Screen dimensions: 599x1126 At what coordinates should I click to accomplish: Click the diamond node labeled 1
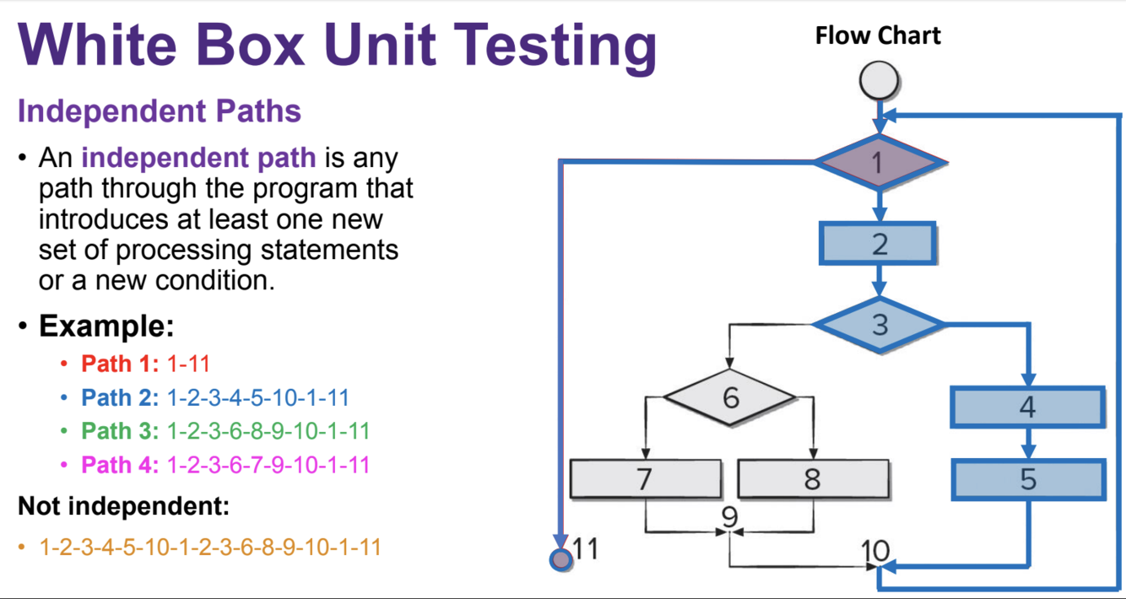(x=879, y=160)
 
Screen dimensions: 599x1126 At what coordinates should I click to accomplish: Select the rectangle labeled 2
(x=878, y=244)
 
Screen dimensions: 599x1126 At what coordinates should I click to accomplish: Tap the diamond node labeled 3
(x=879, y=324)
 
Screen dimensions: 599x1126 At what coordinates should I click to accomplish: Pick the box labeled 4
(x=1027, y=407)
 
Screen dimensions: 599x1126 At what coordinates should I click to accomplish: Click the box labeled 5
(x=1027, y=479)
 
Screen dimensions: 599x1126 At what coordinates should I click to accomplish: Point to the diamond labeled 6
(x=730, y=397)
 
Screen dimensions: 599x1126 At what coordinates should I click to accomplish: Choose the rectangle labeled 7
(x=645, y=479)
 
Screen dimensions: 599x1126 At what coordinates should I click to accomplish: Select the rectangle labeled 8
(x=812, y=479)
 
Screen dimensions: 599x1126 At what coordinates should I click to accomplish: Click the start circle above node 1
(x=879, y=81)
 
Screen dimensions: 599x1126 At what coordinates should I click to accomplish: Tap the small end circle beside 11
(x=560, y=559)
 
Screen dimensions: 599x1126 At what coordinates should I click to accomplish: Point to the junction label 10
(x=875, y=551)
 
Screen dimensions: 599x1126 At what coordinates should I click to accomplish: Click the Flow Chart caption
(x=877, y=35)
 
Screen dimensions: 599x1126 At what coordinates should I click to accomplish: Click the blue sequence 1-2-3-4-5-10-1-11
(x=257, y=397)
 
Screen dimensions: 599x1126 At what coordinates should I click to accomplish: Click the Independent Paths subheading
(x=160, y=111)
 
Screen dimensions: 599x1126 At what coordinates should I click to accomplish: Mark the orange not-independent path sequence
(x=210, y=547)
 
